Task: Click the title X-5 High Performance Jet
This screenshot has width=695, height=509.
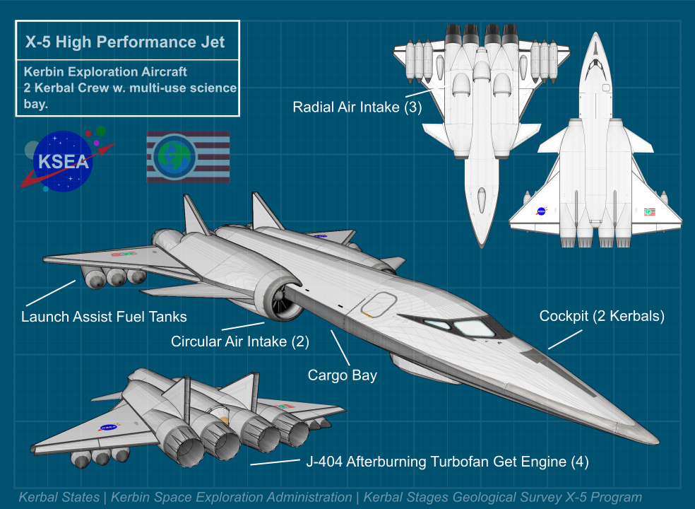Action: pyautogui.click(x=125, y=42)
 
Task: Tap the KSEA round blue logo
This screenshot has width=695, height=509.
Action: pyautogui.click(x=64, y=161)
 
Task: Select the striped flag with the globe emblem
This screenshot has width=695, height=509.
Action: pyautogui.click(x=188, y=157)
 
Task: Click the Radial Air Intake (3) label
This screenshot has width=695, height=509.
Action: pyautogui.click(x=357, y=107)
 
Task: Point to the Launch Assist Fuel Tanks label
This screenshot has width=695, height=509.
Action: pyautogui.click(x=104, y=316)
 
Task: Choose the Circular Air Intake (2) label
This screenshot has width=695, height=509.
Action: pyautogui.click(x=240, y=342)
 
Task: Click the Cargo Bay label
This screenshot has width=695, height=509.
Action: pyautogui.click(x=342, y=375)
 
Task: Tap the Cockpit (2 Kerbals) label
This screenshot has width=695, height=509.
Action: pyautogui.click(x=602, y=316)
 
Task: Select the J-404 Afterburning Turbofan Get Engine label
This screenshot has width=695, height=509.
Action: pyautogui.click(x=447, y=462)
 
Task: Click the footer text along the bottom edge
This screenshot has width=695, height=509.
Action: pyautogui.click(x=330, y=498)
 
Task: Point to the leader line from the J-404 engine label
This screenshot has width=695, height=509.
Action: pyautogui.click(x=275, y=463)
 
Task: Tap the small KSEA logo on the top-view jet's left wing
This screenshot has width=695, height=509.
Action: pyautogui.click(x=542, y=211)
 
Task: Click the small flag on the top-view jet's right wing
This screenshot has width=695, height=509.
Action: pyautogui.click(x=649, y=211)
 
